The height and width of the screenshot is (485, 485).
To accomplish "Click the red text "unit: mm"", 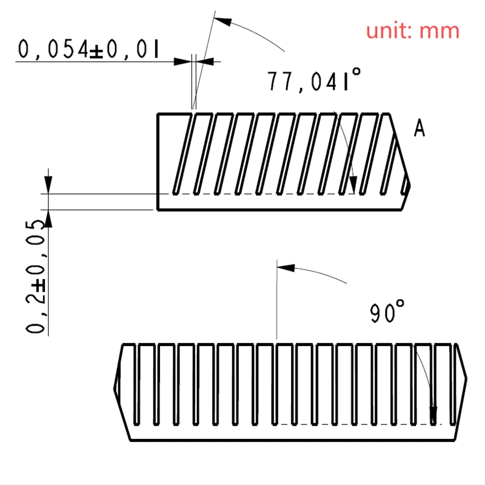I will (x=412, y=30).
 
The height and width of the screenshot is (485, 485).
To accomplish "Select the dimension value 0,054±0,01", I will (x=88, y=48).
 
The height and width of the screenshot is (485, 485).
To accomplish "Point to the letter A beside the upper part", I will (x=419, y=129).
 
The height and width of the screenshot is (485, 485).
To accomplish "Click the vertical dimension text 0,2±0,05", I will (x=36, y=276).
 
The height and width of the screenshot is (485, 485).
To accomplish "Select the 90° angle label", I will (x=387, y=313).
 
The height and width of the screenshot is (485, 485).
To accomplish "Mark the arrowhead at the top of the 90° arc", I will (x=285, y=267).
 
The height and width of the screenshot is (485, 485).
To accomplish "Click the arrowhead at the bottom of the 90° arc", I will (x=433, y=416).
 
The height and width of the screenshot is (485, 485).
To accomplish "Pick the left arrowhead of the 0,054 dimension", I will (x=182, y=61).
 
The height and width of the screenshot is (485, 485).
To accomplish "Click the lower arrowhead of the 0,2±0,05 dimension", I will (x=48, y=218).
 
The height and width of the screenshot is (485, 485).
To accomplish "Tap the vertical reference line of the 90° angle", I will (x=276, y=303).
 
